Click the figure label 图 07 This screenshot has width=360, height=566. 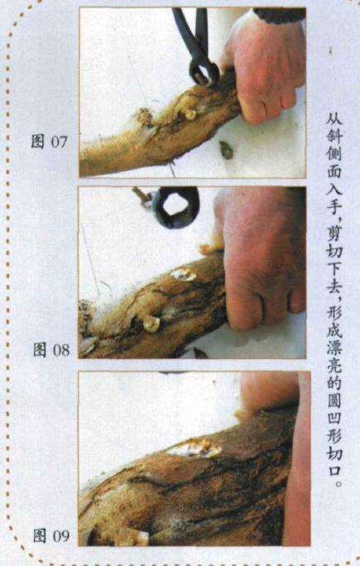48,141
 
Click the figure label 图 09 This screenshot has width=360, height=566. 50,535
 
